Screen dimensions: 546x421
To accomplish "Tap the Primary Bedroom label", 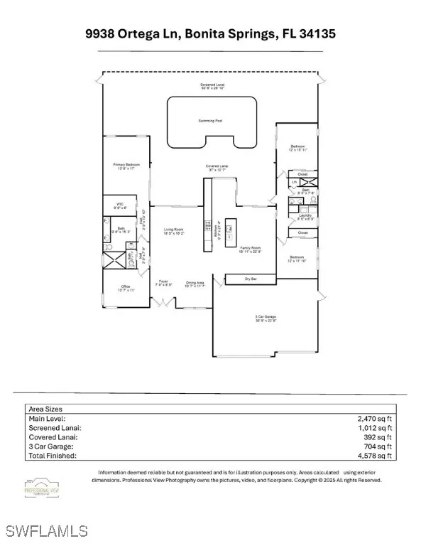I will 124,166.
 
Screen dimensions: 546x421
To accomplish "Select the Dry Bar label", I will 251,279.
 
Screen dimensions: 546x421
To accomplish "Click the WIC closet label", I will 120,205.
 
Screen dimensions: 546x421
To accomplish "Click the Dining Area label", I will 195,284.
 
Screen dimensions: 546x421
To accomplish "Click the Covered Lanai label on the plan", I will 217,168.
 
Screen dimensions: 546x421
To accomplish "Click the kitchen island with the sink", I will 232,233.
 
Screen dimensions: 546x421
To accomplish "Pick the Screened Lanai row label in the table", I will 54,428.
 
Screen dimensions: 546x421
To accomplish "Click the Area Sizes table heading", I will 45,409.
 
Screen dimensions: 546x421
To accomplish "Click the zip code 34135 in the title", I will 315,33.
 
